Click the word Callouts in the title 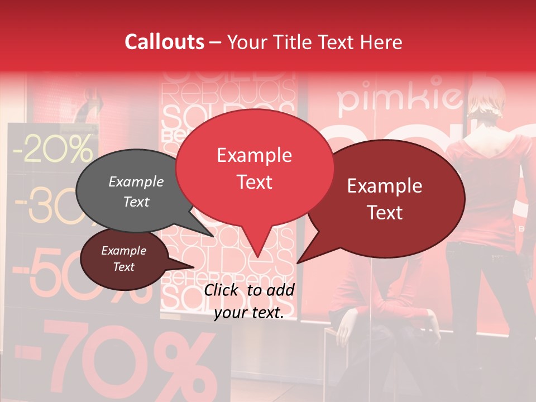tap(164, 42)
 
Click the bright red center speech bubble tap(255, 167)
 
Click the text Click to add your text tap(249, 301)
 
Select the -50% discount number tap(56, 274)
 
